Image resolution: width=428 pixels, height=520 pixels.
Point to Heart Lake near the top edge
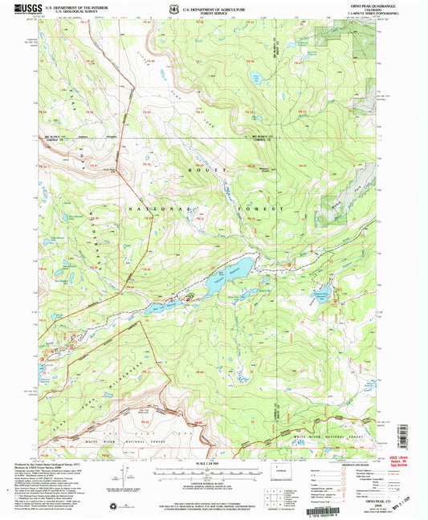257,79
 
